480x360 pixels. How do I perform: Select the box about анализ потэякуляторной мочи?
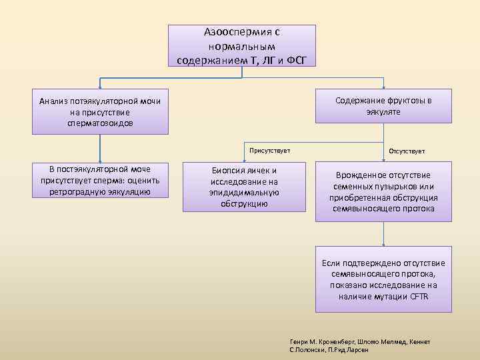tap(100, 111)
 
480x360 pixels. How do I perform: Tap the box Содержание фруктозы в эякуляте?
tap(383, 106)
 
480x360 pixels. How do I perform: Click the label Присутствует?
tap(270, 151)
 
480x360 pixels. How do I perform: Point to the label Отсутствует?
tap(407, 151)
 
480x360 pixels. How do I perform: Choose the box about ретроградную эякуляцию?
tap(100, 181)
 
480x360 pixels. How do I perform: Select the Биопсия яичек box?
tap(244, 187)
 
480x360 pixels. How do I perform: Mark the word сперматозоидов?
tap(100, 123)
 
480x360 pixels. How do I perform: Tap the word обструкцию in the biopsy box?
tap(244, 203)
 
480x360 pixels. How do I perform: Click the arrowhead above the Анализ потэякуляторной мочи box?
tap(100, 87)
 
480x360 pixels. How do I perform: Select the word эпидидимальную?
tap(244, 192)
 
